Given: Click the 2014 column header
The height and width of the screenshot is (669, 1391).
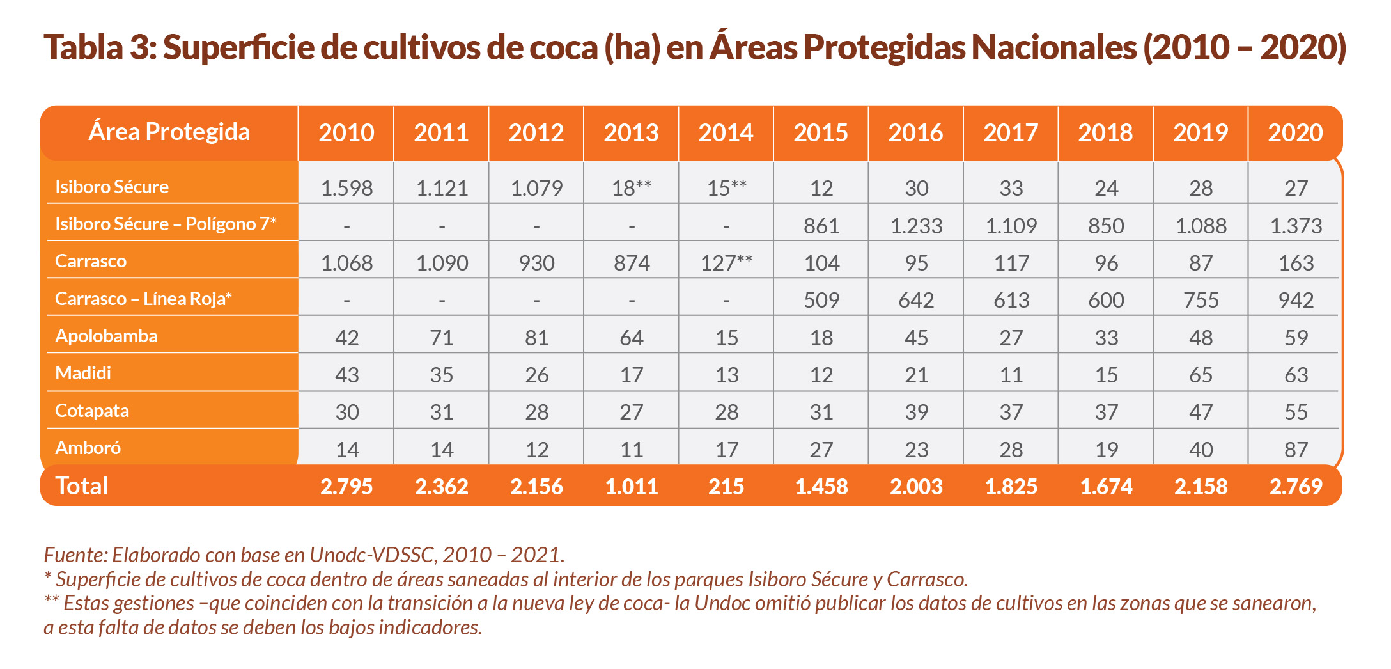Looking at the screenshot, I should coord(726,133).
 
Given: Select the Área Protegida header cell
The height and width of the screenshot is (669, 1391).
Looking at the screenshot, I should coord(169,132).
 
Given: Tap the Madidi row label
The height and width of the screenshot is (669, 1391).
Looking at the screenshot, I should coord(83,373).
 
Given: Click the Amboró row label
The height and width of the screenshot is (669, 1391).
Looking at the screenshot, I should coord(88,448).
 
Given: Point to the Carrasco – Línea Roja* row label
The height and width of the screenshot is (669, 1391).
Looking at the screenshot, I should coord(143,299).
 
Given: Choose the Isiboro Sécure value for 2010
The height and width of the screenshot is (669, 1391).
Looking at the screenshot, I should coord(346,188).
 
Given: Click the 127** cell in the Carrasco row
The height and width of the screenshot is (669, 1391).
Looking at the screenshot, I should coord(726,263).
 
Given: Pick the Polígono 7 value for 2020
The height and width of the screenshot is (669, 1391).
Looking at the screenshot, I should coord(1296,226).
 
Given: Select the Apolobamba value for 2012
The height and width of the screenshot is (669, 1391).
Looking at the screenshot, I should coord(536,338).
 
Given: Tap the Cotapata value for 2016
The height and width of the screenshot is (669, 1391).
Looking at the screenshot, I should coord(916,412).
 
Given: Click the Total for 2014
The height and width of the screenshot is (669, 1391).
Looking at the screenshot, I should coord(726,487).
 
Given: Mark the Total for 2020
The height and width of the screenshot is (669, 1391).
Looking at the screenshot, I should coord(1296,487).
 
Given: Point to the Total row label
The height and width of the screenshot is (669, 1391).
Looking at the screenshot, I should coord(82,486).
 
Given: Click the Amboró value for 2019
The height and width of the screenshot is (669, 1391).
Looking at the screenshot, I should coord(1201,450).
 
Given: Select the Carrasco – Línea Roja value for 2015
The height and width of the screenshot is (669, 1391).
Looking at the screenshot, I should coord(821,300).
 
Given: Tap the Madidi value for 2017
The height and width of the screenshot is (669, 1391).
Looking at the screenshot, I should coord(1011,375).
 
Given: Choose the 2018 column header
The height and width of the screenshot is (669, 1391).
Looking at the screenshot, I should coord(1105,133).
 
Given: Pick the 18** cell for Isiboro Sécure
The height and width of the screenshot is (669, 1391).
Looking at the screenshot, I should coord(632,188).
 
